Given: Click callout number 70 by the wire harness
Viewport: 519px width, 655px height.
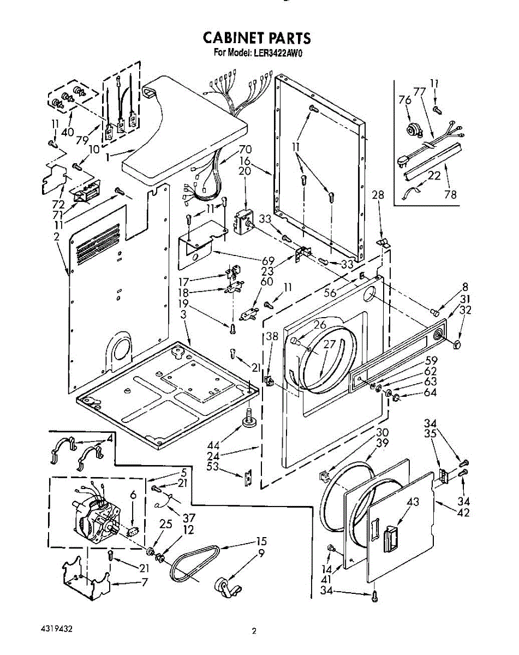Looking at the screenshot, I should click(246, 148).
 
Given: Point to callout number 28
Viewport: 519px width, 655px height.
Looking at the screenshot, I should click(378, 195).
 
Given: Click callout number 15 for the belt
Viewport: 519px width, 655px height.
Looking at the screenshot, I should click(261, 541).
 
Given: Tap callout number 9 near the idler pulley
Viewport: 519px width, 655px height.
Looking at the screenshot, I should click(261, 553).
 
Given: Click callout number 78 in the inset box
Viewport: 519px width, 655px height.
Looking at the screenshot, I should click(450, 194).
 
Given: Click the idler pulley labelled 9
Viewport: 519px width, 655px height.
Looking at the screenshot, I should click(225, 588).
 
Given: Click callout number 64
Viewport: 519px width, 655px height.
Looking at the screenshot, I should click(431, 392).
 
